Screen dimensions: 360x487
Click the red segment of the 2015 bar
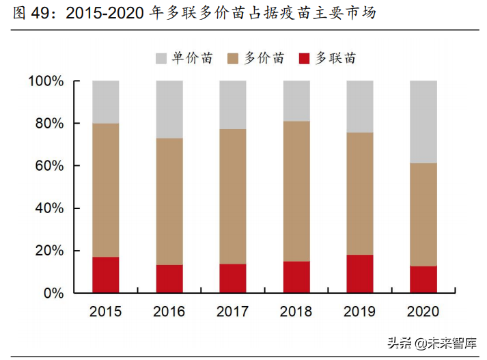click(x=106, y=275)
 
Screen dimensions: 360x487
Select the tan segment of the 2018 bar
click(x=296, y=191)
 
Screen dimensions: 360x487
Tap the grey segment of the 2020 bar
click(x=423, y=122)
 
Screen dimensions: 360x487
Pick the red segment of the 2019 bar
click(x=360, y=274)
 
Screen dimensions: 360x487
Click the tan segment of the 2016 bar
click(x=169, y=202)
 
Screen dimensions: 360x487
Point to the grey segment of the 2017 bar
click(x=233, y=105)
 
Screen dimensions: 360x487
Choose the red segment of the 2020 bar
click(x=423, y=279)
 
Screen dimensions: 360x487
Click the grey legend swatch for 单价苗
click(x=161, y=58)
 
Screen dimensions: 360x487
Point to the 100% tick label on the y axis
click(x=46, y=81)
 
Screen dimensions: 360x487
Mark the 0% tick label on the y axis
click(x=53, y=293)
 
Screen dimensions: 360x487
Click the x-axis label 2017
click(x=233, y=312)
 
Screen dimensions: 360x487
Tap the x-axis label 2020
click(x=423, y=312)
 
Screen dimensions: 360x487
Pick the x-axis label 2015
click(x=106, y=312)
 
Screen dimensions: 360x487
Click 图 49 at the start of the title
click(x=31, y=14)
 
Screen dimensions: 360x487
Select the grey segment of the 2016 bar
click(x=169, y=109)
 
